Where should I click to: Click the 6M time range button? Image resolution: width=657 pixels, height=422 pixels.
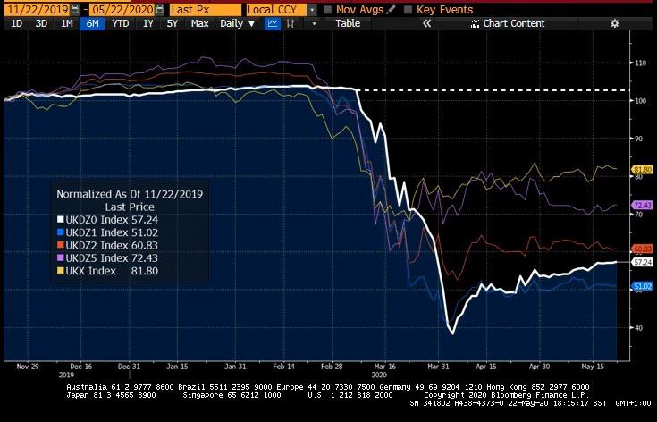click(x=91, y=23)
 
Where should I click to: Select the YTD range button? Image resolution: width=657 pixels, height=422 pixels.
click(x=119, y=23)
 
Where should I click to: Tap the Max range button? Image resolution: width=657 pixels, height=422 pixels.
click(x=199, y=23)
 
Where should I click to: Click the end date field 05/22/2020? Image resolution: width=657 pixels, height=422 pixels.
click(x=119, y=9)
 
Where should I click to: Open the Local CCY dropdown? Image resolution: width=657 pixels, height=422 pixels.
click(x=277, y=9)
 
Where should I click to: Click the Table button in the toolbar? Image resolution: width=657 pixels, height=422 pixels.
click(x=348, y=23)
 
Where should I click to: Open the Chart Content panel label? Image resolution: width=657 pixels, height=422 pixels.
click(x=513, y=23)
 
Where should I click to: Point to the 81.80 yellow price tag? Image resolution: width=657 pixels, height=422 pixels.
click(x=642, y=169)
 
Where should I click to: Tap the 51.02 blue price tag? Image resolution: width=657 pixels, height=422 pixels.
click(x=642, y=286)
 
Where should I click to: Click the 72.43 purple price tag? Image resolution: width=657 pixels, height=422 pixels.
click(x=642, y=205)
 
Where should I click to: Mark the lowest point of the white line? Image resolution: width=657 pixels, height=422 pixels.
click(x=452, y=333)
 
